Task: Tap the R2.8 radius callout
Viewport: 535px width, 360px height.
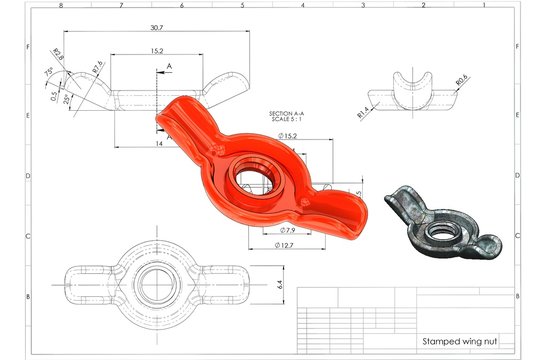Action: coord(57,56)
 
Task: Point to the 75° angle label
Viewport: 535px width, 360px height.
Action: coord(49,72)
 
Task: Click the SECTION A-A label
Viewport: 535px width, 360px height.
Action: coord(291,114)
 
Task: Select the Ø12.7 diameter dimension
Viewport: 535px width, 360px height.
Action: coord(285,246)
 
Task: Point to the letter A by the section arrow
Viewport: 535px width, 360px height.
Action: coord(170,65)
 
